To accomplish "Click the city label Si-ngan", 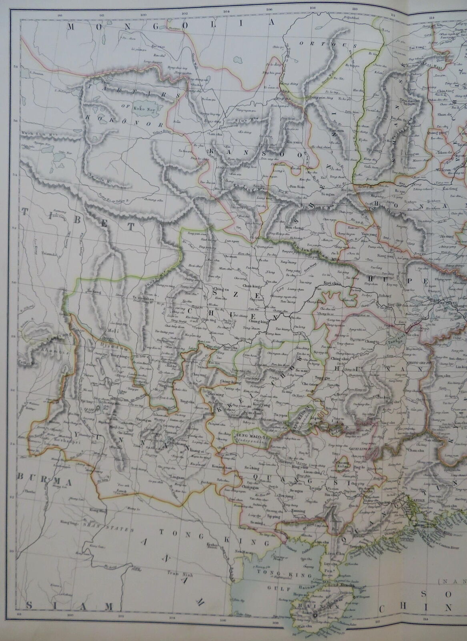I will pyautogui.click(x=326, y=193).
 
